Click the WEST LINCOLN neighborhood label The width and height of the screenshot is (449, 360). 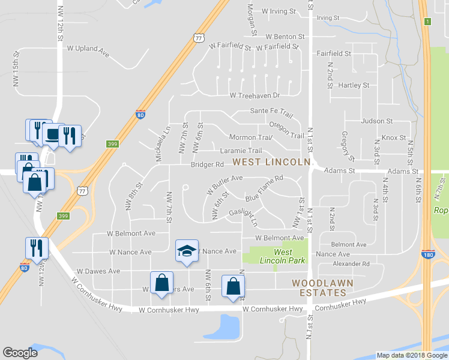271,163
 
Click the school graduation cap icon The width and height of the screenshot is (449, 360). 187,250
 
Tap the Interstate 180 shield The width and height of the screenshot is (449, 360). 427,255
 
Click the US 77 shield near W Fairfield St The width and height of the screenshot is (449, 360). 199,38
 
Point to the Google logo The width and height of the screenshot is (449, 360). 20,353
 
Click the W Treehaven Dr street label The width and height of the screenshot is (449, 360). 255,95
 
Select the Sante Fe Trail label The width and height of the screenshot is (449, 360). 271,112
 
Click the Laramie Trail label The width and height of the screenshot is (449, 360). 241,151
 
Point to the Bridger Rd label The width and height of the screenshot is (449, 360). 207,164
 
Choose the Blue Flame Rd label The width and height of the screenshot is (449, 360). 264,188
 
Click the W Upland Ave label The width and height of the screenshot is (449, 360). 88,50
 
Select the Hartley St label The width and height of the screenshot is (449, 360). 354,85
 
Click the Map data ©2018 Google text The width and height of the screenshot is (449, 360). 411,355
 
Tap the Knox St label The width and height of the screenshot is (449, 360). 394,137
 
